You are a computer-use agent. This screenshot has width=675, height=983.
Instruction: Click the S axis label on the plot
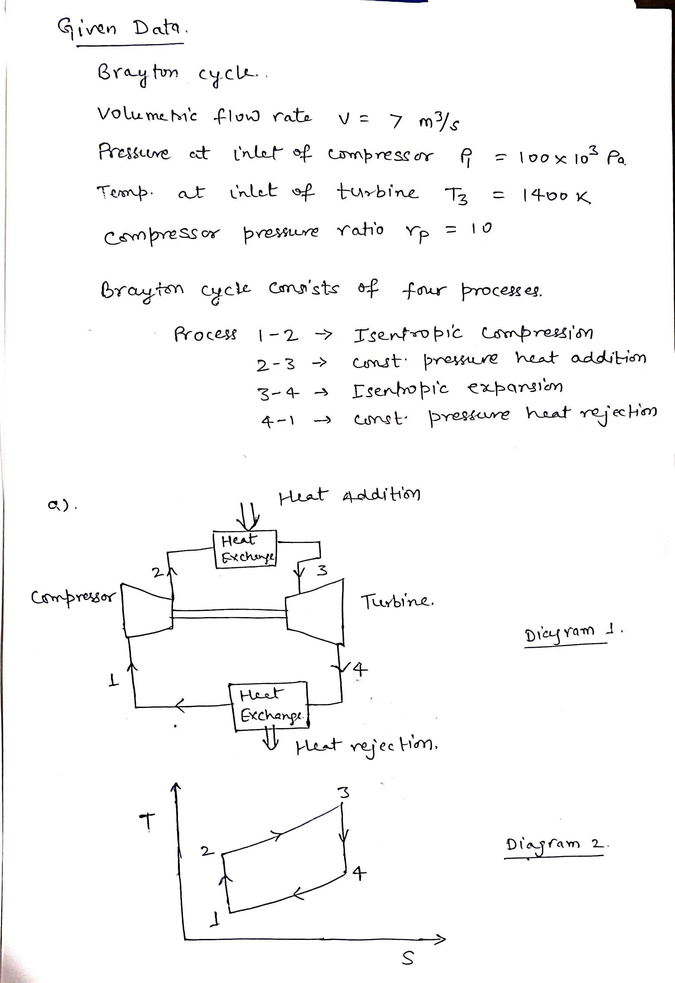pyautogui.click(x=407, y=959)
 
